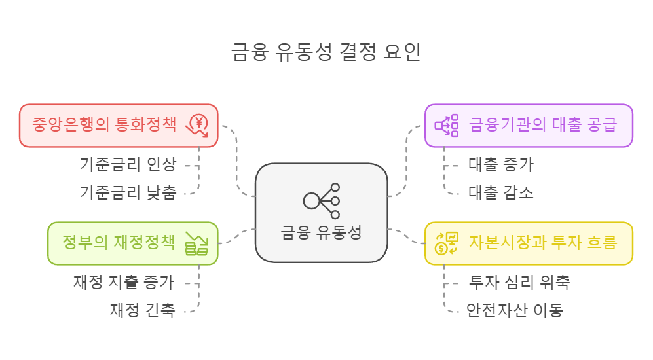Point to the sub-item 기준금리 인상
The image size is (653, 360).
(x=128, y=164)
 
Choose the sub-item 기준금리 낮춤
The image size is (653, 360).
(x=128, y=192)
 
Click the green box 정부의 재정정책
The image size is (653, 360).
(x=118, y=242)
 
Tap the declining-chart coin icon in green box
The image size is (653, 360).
(x=196, y=243)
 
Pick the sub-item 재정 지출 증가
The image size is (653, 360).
(x=124, y=282)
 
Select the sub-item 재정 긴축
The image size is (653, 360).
(x=142, y=310)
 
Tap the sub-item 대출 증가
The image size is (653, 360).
(x=501, y=164)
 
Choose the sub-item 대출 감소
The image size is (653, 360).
(x=501, y=192)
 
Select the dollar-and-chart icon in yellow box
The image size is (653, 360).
(x=447, y=243)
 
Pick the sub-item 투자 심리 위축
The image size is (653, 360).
(x=519, y=282)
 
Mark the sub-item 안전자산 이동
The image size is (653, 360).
(x=515, y=310)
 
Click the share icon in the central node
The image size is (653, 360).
(x=322, y=200)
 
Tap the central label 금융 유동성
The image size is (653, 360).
(x=321, y=232)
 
